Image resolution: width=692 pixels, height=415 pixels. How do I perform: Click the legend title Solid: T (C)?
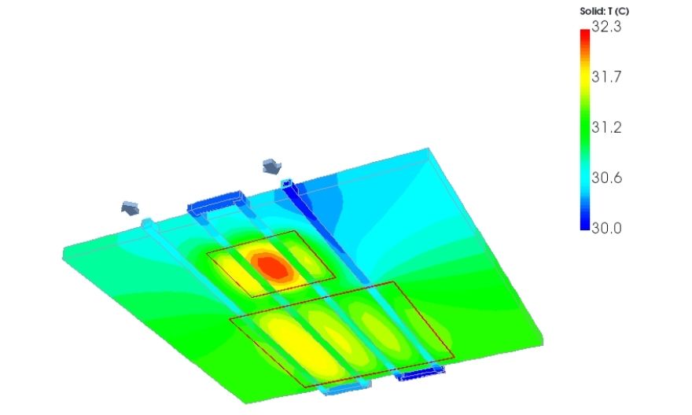point(604,12)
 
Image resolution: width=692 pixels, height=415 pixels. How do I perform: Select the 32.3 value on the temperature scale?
point(606,27)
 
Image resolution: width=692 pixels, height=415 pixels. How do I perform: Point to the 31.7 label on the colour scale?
point(606,77)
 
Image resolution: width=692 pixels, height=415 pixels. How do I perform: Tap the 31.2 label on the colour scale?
point(606,127)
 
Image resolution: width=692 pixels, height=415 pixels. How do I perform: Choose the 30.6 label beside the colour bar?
point(606,178)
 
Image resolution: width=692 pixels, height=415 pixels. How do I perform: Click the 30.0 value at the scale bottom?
point(606,228)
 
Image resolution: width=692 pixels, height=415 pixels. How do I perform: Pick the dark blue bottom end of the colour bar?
point(585,226)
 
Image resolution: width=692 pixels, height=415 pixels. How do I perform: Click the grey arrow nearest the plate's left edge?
point(131,207)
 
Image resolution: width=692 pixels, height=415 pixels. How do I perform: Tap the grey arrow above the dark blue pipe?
point(272,167)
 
